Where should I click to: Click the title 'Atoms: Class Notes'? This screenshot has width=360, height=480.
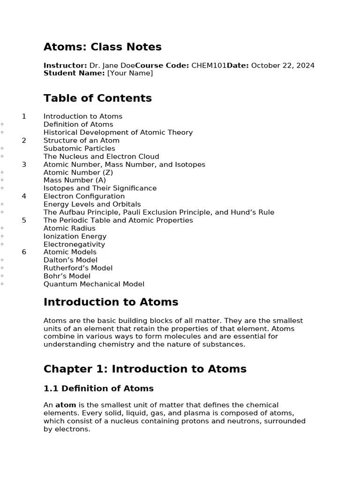click(x=102, y=47)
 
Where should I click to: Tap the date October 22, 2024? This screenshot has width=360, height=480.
click(x=283, y=66)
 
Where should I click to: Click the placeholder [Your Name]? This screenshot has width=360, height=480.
click(x=130, y=73)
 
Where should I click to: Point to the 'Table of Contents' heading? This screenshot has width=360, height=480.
click(x=97, y=98)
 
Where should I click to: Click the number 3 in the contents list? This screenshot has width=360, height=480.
click(x=24, y=165)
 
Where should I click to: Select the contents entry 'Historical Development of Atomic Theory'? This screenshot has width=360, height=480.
click(x=118, y=133)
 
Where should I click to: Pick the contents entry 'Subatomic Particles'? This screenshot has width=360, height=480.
click(x=79, y=149)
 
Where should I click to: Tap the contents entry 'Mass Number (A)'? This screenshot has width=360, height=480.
click(x=75, y=180)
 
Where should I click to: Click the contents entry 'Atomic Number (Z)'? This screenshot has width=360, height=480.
click(x=78, y=172)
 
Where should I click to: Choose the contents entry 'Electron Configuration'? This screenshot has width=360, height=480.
click(x=84, y=196)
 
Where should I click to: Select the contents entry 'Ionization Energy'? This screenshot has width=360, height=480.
click(x=75, y=236)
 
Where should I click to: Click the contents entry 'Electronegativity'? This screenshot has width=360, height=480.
click(x=74, y=244)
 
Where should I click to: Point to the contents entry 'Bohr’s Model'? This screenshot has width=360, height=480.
click(x=67, y=276)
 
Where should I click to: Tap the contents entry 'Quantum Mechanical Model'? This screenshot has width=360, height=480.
click(x=94, y=284)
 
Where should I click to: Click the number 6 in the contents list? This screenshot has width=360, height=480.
click(x=24, y=252)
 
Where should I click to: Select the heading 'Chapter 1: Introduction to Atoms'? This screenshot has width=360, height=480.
click(x=145, y=369)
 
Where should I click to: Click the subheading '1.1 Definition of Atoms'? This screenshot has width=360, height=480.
click(x=98, y=389)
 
